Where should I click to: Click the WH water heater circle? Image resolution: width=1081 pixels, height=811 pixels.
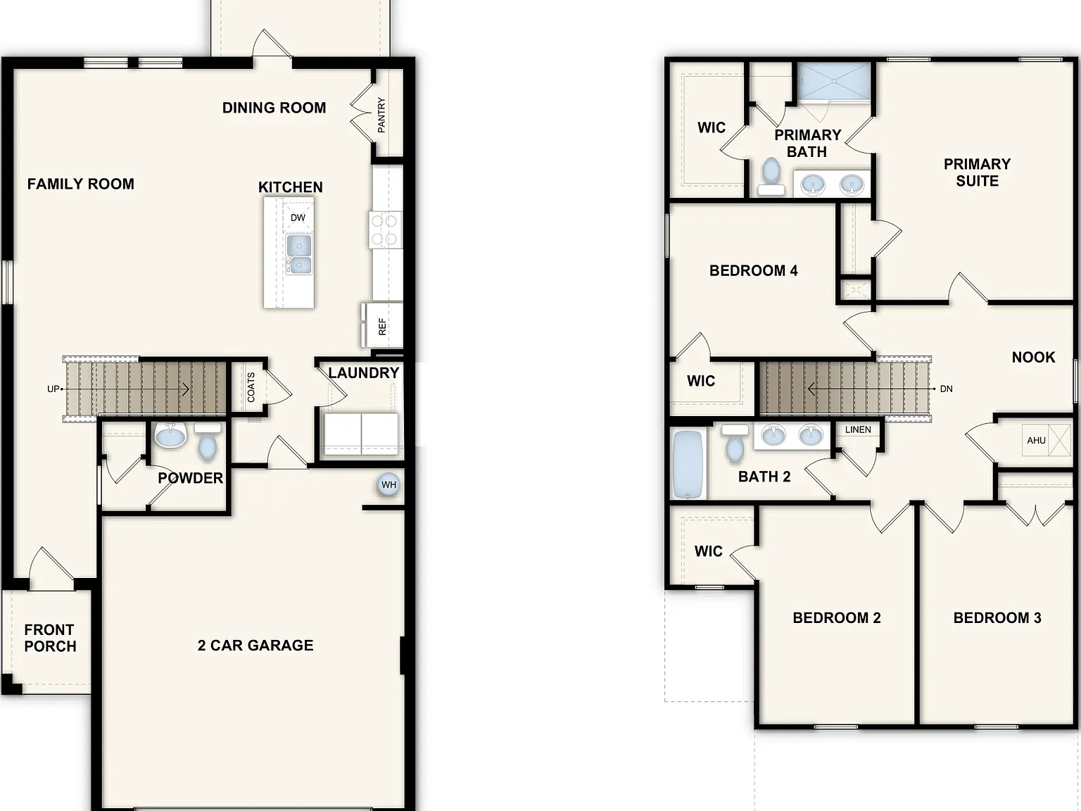(x=388, y=484)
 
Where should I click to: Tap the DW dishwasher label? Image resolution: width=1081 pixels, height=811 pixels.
(x=298, y=218)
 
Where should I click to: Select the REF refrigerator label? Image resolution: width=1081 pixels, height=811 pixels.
(x=382, y=327)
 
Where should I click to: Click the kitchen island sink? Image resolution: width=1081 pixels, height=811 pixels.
(x=299, y=254)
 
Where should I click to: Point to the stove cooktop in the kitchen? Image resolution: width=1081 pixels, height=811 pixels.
(x=385, y=230)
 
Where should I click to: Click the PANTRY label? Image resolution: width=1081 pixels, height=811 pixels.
(x=381, y=115)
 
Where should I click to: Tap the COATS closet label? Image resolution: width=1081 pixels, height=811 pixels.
(x=251, y=387)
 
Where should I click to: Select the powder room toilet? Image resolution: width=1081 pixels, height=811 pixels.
(x=208, y=442)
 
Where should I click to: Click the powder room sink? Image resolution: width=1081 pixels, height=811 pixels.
(x=170, y=435)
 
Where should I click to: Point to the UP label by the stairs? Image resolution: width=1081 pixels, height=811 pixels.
(x=53, y=389)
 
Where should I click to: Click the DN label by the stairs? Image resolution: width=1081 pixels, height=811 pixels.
(x=946, y=389)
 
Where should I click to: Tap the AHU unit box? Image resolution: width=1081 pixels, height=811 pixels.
(x=1046, y=440)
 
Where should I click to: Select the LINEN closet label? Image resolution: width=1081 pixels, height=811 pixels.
(x=858, y=430)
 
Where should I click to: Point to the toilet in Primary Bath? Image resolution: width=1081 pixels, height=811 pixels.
(x=771, y=176)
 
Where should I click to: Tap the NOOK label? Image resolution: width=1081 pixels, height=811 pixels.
(x=1033, y=357)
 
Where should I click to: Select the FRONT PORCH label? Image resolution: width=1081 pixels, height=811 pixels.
(x=50, y=638)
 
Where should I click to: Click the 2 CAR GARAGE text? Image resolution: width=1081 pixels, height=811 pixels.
(x=255, y=645)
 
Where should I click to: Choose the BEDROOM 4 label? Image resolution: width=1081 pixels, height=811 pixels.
(x=753, y=270)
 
